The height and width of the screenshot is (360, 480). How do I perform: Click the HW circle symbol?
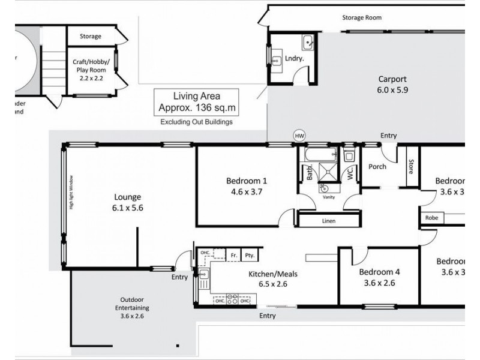pos(299,136)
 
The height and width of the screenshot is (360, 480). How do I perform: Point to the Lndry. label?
pos(293,59)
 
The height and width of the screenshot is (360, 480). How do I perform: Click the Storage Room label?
pos(361,18)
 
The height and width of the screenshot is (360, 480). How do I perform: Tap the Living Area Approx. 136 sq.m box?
pos(196,102)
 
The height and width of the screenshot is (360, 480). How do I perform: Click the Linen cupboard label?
pos(328,221)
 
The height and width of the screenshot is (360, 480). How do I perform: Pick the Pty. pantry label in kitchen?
pos(250,255)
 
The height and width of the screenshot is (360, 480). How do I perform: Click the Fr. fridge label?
pos(234,255)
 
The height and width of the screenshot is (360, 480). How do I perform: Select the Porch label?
pos(377,166)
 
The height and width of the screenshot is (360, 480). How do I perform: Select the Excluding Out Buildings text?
pos(196,122)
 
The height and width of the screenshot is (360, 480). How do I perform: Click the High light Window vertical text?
pos(71,192)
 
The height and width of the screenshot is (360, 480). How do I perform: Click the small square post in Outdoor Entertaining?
pos(178,346)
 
